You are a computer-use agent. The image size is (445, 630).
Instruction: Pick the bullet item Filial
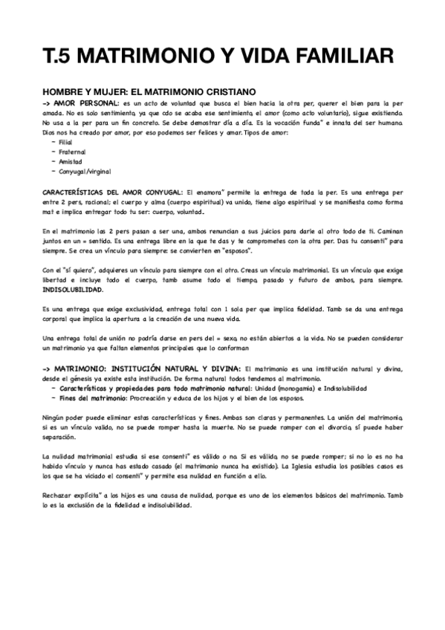point(65,141)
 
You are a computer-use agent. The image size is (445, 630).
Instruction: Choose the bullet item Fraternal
point(71,151)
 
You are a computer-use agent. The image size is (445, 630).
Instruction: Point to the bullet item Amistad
point(70,160)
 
